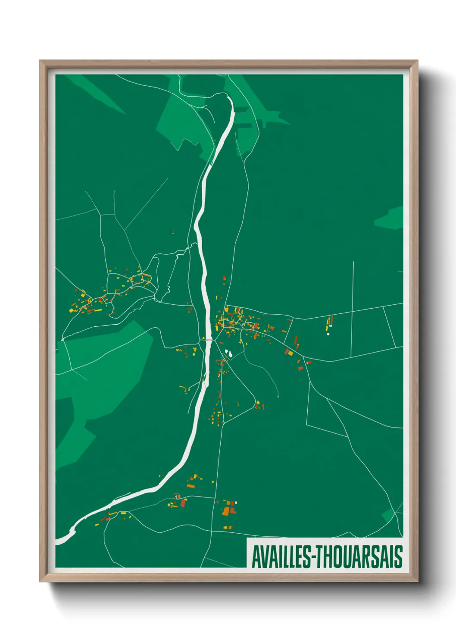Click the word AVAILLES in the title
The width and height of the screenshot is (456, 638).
point(280,557)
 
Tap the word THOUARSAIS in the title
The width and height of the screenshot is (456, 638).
point(358,557)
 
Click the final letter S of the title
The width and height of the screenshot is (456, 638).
point(399,557)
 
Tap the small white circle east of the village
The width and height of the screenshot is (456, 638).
point(328,334)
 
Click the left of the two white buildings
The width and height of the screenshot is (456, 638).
point(226,353)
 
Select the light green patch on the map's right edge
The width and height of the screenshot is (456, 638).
point(390,218)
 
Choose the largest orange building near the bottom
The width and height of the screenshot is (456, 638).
point(226,511)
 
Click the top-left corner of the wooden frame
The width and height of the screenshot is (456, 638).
point(41,61)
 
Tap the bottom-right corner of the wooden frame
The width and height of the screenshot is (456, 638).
point(417,581)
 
